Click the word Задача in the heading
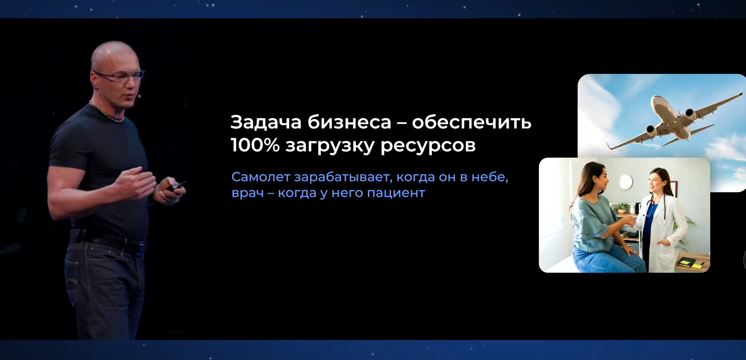[266, 122]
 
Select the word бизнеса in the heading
[349, 122]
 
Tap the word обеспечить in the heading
[471, 122]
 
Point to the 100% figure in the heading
[254, 145]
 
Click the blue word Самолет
[260, 177]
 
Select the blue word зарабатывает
[343, 177]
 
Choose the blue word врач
[247, 193]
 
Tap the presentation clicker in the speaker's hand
[175, 186]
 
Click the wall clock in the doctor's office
[625, 182]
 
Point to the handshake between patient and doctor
[629, 221]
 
